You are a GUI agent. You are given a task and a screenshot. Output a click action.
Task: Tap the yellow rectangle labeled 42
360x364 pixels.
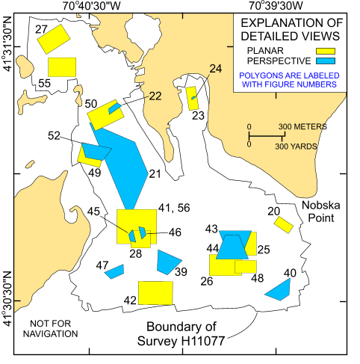click(x=155, y=292)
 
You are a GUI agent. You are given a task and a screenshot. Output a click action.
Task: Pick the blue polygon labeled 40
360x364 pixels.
click(x=279, y=289)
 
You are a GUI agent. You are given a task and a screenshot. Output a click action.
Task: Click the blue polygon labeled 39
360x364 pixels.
click(x=168, y=262)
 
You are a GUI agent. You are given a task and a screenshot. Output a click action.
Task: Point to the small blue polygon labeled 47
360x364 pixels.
click(x=114, y=271)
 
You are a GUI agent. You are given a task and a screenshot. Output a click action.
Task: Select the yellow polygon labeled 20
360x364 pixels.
click(x=283, y=225)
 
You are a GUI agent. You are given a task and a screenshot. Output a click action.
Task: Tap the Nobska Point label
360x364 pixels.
click(x=321, y=212)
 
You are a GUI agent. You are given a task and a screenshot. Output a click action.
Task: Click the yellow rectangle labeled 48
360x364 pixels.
click(x=246, y=267)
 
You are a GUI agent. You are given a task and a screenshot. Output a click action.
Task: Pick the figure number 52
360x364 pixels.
click(x=54, y=136)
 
